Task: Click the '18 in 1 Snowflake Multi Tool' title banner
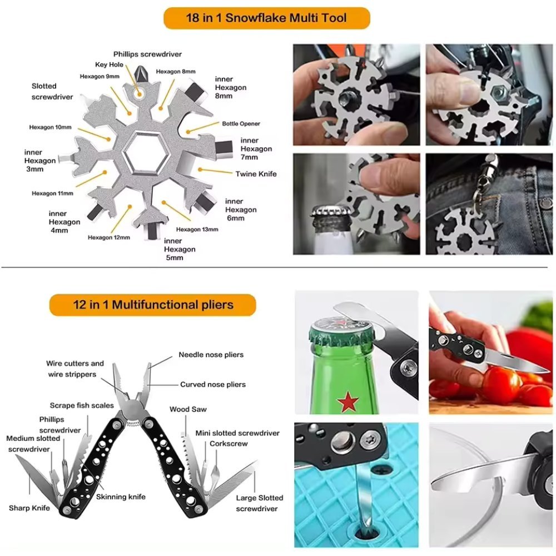point(266,18)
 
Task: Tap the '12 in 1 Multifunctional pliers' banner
point(153,305)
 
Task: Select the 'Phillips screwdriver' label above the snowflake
point(147,54)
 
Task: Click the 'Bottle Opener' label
point(241,123)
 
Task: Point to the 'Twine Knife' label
point(256,174)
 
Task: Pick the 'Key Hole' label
point(109,64)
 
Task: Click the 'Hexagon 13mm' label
point(197,229)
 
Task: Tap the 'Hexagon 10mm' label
point(50,127)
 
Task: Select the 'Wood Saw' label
point(188,409)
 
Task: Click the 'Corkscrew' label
point(229,444)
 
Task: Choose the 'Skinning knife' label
point(121,497)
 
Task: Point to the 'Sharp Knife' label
point(29,508)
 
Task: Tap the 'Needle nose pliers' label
point(211,355)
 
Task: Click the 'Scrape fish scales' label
point(82,405)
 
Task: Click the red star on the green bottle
point(348,401)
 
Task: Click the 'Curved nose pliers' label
point(212,384)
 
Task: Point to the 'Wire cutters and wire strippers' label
point(75,369)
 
